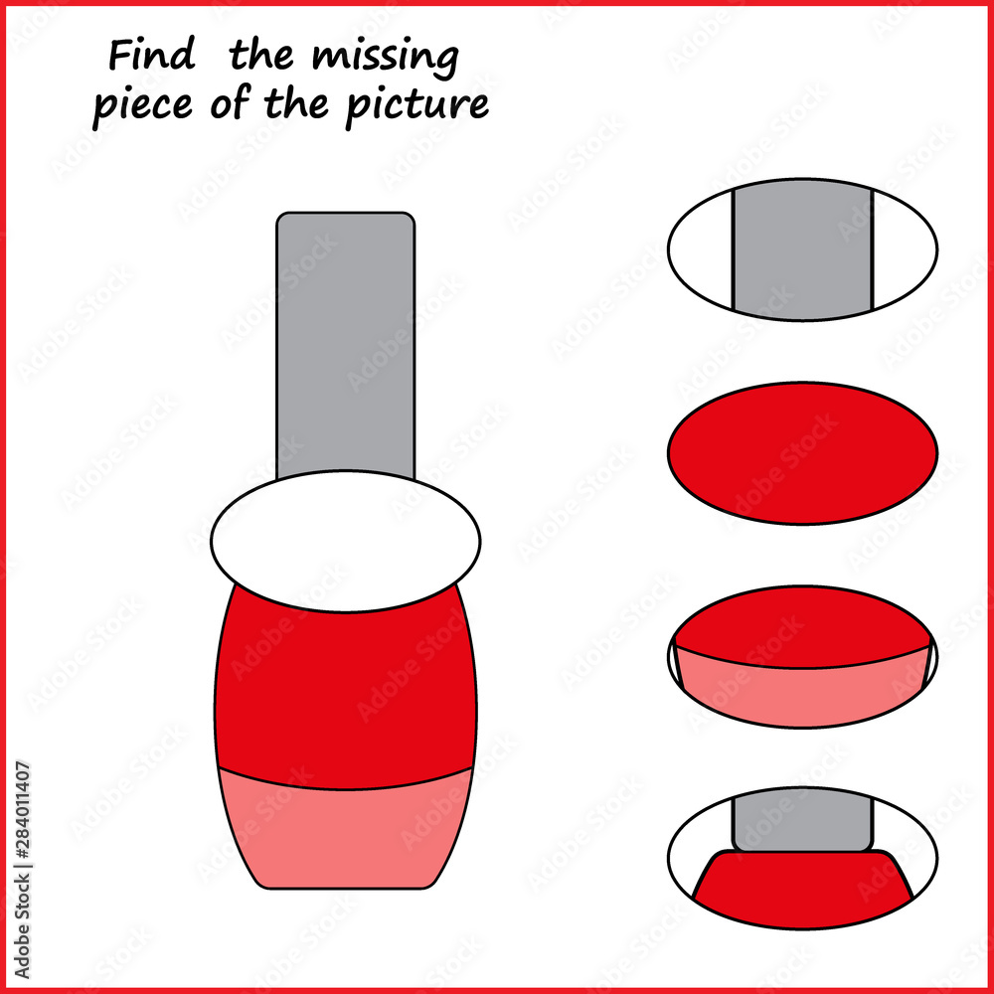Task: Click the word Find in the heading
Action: pos(151,57)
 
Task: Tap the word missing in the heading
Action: pos(385,60)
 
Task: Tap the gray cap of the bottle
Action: pos(345,338)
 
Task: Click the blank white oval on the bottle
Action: pos(345,542)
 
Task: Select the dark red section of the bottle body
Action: pos(345,686)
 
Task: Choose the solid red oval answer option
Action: pos(802,452)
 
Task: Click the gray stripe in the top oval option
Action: pos(802,248)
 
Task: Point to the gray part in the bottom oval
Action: pos(802,820)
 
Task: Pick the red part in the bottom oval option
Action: pos(802,890)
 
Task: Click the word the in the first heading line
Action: pos(262,57)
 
